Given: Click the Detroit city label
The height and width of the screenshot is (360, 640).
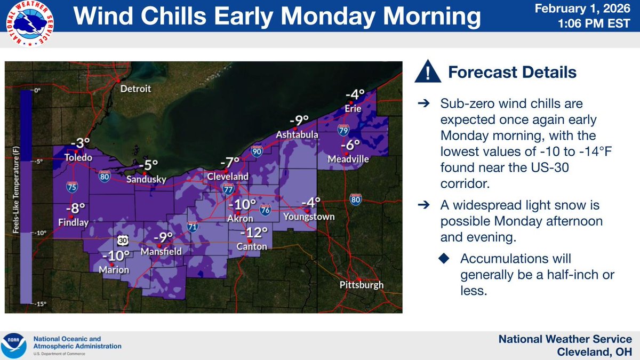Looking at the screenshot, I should (x=135, y=89).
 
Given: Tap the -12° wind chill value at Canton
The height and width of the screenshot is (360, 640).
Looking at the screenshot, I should (x=253, y=233).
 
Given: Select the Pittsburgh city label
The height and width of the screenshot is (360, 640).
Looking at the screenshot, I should (x=361, y=285).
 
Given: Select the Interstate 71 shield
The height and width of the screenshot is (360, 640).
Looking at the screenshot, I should (x=191, y=228).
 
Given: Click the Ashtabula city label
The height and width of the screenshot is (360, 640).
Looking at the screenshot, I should (x=297, y=135).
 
